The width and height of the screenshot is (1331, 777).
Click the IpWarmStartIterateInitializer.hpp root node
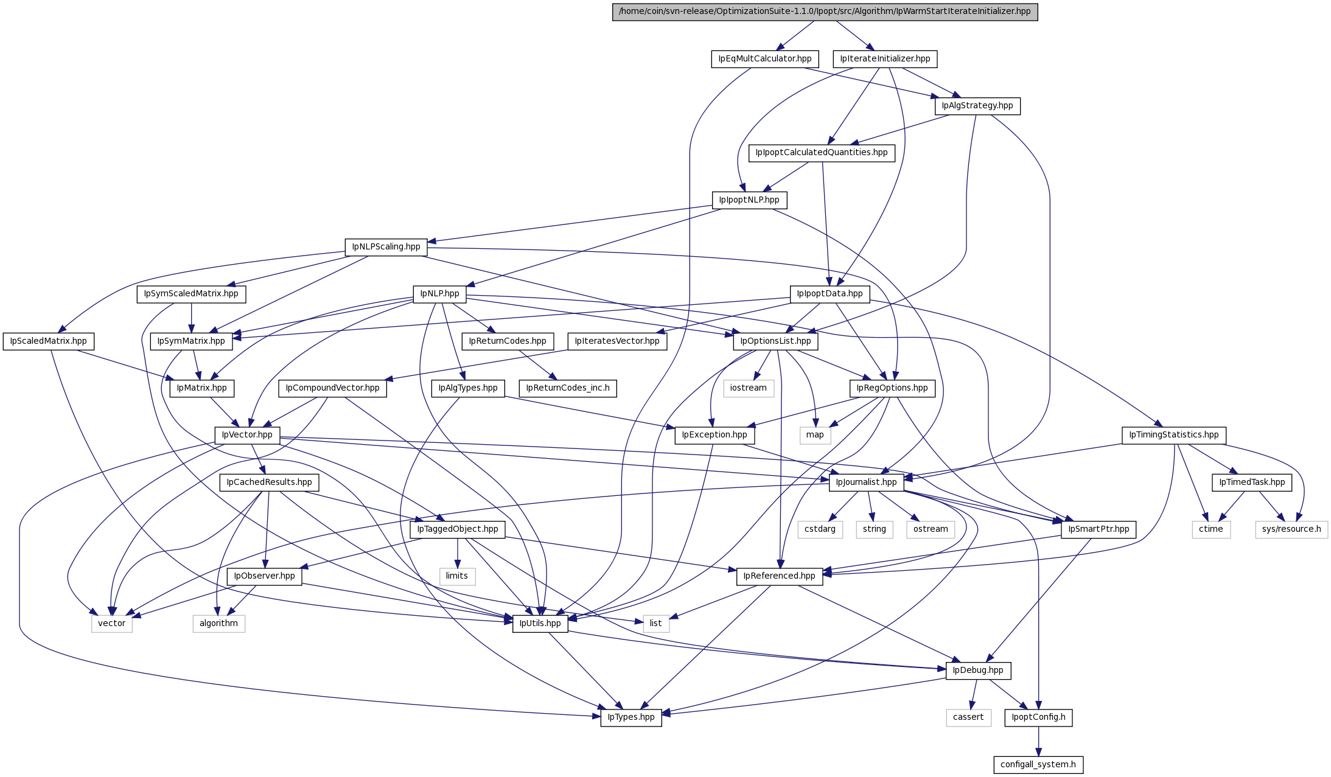tap(825, 12)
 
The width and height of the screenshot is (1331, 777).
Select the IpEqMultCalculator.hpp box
tap(765, 59)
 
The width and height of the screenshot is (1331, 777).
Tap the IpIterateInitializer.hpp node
tap(885, 59)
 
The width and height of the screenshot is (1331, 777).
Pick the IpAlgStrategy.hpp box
tap(977, 106)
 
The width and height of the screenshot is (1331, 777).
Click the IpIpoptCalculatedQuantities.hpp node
tap(822, 153)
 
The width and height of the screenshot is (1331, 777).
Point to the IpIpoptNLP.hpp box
tap(749, 200)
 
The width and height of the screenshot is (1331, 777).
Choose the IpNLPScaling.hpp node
tap(386, 247)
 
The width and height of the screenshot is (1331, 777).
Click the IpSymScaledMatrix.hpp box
tap(191, 294)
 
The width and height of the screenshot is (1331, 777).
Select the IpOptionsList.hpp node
tap(775, 341)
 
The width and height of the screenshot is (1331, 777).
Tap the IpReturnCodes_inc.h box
tap(568, 388)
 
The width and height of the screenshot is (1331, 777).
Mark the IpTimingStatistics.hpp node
tap(1173, 435)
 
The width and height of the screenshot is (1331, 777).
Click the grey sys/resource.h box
tap(1291, 529)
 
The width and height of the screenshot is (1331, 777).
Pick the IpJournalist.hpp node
tap(866, 483)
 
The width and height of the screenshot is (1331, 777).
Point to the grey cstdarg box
tap(820, 529)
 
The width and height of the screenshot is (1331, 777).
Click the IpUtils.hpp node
tap(540, 624)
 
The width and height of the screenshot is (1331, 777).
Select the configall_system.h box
tap(1038, 765)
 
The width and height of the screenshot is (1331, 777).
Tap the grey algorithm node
tap(218, 624)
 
